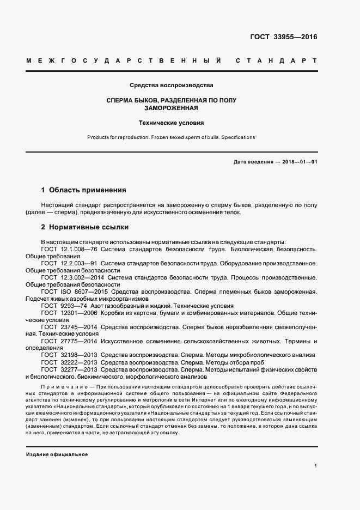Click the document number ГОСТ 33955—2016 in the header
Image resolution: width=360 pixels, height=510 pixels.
283,37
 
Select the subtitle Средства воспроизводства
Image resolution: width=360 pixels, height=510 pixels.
172,86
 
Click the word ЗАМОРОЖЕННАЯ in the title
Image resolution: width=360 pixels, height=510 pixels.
172,108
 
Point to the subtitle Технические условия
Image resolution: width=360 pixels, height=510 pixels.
172,123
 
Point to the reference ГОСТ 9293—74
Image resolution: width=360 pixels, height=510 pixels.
64,306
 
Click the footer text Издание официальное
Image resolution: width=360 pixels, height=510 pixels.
57,454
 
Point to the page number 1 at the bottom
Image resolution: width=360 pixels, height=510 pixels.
315,466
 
